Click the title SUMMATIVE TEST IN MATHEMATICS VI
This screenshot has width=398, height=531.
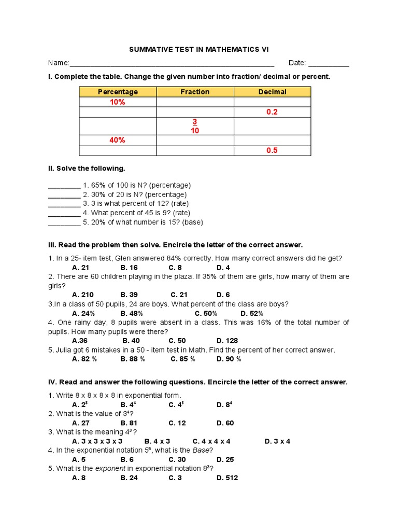point(199,49)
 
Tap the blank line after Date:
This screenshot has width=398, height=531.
point(329,64)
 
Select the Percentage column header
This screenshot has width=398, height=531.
point(118,92)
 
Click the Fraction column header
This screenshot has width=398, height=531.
point(195,92)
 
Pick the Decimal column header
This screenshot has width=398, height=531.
point(272,92)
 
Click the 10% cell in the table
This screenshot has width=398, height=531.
point(118,102)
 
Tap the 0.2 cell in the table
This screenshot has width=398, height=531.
point(272,112)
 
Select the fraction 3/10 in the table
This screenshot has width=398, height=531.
point(195,126)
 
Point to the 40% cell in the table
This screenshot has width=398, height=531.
point(118,140)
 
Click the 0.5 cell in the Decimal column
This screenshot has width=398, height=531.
point(272,150)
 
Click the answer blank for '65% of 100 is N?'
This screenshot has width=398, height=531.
point(64,186)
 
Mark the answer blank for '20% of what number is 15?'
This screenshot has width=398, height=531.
point(64,223)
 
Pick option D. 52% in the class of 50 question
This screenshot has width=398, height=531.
point(252,313)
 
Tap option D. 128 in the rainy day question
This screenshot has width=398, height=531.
point(227,341)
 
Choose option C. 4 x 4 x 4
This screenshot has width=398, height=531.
point(211,441)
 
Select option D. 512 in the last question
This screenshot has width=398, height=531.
point(227,478)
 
